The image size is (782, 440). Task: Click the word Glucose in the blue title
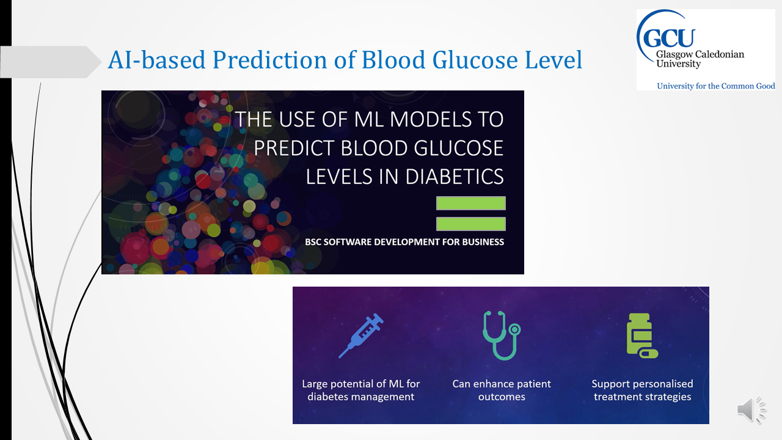(475, 60)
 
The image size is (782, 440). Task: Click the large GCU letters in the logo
(669, 38)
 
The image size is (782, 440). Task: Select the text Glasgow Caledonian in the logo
(700, 54)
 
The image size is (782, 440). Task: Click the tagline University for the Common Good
(715, 86)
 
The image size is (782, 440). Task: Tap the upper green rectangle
(471, 204)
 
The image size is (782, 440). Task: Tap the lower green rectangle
(471, 224)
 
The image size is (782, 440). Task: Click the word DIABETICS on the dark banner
(455, 177)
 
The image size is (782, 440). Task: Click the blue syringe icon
(361, 335)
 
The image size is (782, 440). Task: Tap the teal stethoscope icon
(502, 335)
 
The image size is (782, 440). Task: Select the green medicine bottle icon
(642, 335)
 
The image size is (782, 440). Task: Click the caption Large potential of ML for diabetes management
(360, 390)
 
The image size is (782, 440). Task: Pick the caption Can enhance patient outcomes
(502, 390)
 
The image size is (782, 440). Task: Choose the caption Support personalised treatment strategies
(642, 390)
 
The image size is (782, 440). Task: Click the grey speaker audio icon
(751, 409)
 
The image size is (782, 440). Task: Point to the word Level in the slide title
(554, 60)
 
